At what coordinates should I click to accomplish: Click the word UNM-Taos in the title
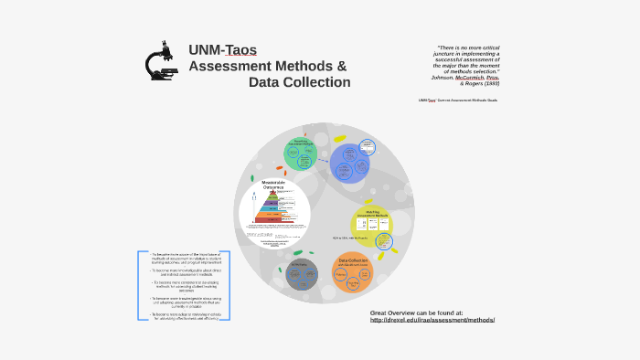pyautogui.click(x=222, y=50)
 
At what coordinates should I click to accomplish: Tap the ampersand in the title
pyautogui.click(x=341, y=66)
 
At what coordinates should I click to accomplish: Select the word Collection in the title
pyautogui.click(x=313, y=82)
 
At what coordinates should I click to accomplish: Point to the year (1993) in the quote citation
pyautogui.click(x=486, y=83)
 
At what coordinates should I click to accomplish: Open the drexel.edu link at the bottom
pyautogui.click(x=432, y=320)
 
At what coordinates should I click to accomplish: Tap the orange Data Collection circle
pyautogui.click(x=352, y=271)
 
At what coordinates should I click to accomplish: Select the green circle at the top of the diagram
pyautogui.click(x=300, y=151)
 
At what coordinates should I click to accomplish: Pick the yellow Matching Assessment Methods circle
pyautogui.click(x=372, y=225)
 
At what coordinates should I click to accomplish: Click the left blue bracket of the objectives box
pyautogui.click(x=140, y=285)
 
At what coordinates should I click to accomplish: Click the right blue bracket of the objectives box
pyautogui.click(x=227, y=285)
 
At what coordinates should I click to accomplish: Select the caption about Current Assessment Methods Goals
pyautogui.click(x=457, y=101)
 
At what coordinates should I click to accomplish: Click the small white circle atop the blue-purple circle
pyautogui.click(x=367, y=146)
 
